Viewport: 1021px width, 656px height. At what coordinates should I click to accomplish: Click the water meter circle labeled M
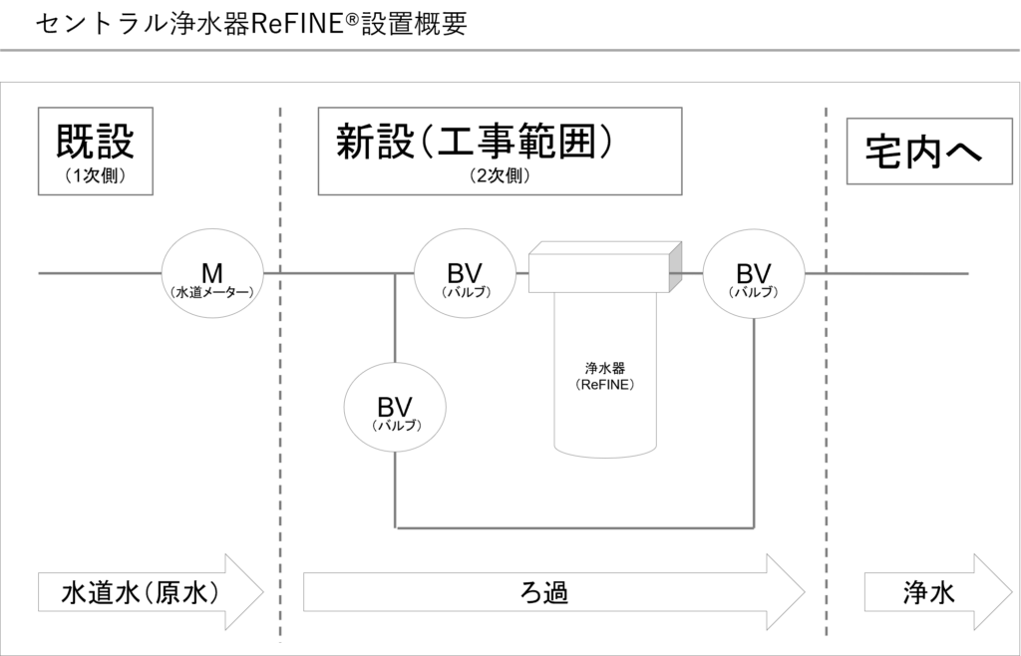(x=212, y=273)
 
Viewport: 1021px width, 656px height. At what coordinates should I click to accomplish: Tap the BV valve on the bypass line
(x=395, y=408)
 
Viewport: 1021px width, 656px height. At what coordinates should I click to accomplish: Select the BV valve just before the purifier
(x=465, y=273)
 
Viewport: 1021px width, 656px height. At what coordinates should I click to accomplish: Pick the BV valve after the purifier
(x=754, y=273)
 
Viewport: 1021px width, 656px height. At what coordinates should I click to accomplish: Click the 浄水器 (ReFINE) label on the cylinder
(x=605, y=376)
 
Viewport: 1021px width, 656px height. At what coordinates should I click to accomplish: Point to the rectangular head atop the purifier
(x=605, y=267)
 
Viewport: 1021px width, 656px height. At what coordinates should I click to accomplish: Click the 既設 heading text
(x=95, y=142)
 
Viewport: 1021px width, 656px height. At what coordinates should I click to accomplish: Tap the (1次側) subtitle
(x=95, y=175)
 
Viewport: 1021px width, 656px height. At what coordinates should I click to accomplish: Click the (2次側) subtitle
(x=500, y=175)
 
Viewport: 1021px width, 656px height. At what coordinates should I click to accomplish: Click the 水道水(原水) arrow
(x=151, y=592)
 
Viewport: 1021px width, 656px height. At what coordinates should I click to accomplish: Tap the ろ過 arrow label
(x=545, y=593)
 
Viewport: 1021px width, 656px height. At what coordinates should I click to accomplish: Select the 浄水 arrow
(x=938, y=592)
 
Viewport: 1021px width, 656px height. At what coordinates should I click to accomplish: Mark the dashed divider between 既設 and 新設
(x=280, y=374)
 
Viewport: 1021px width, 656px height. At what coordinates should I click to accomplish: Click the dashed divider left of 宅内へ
(x=827, y=374)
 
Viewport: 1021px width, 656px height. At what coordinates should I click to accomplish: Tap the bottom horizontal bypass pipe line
(x=574, y=527)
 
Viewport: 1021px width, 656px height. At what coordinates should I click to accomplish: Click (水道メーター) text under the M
(x=212, y=293)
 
